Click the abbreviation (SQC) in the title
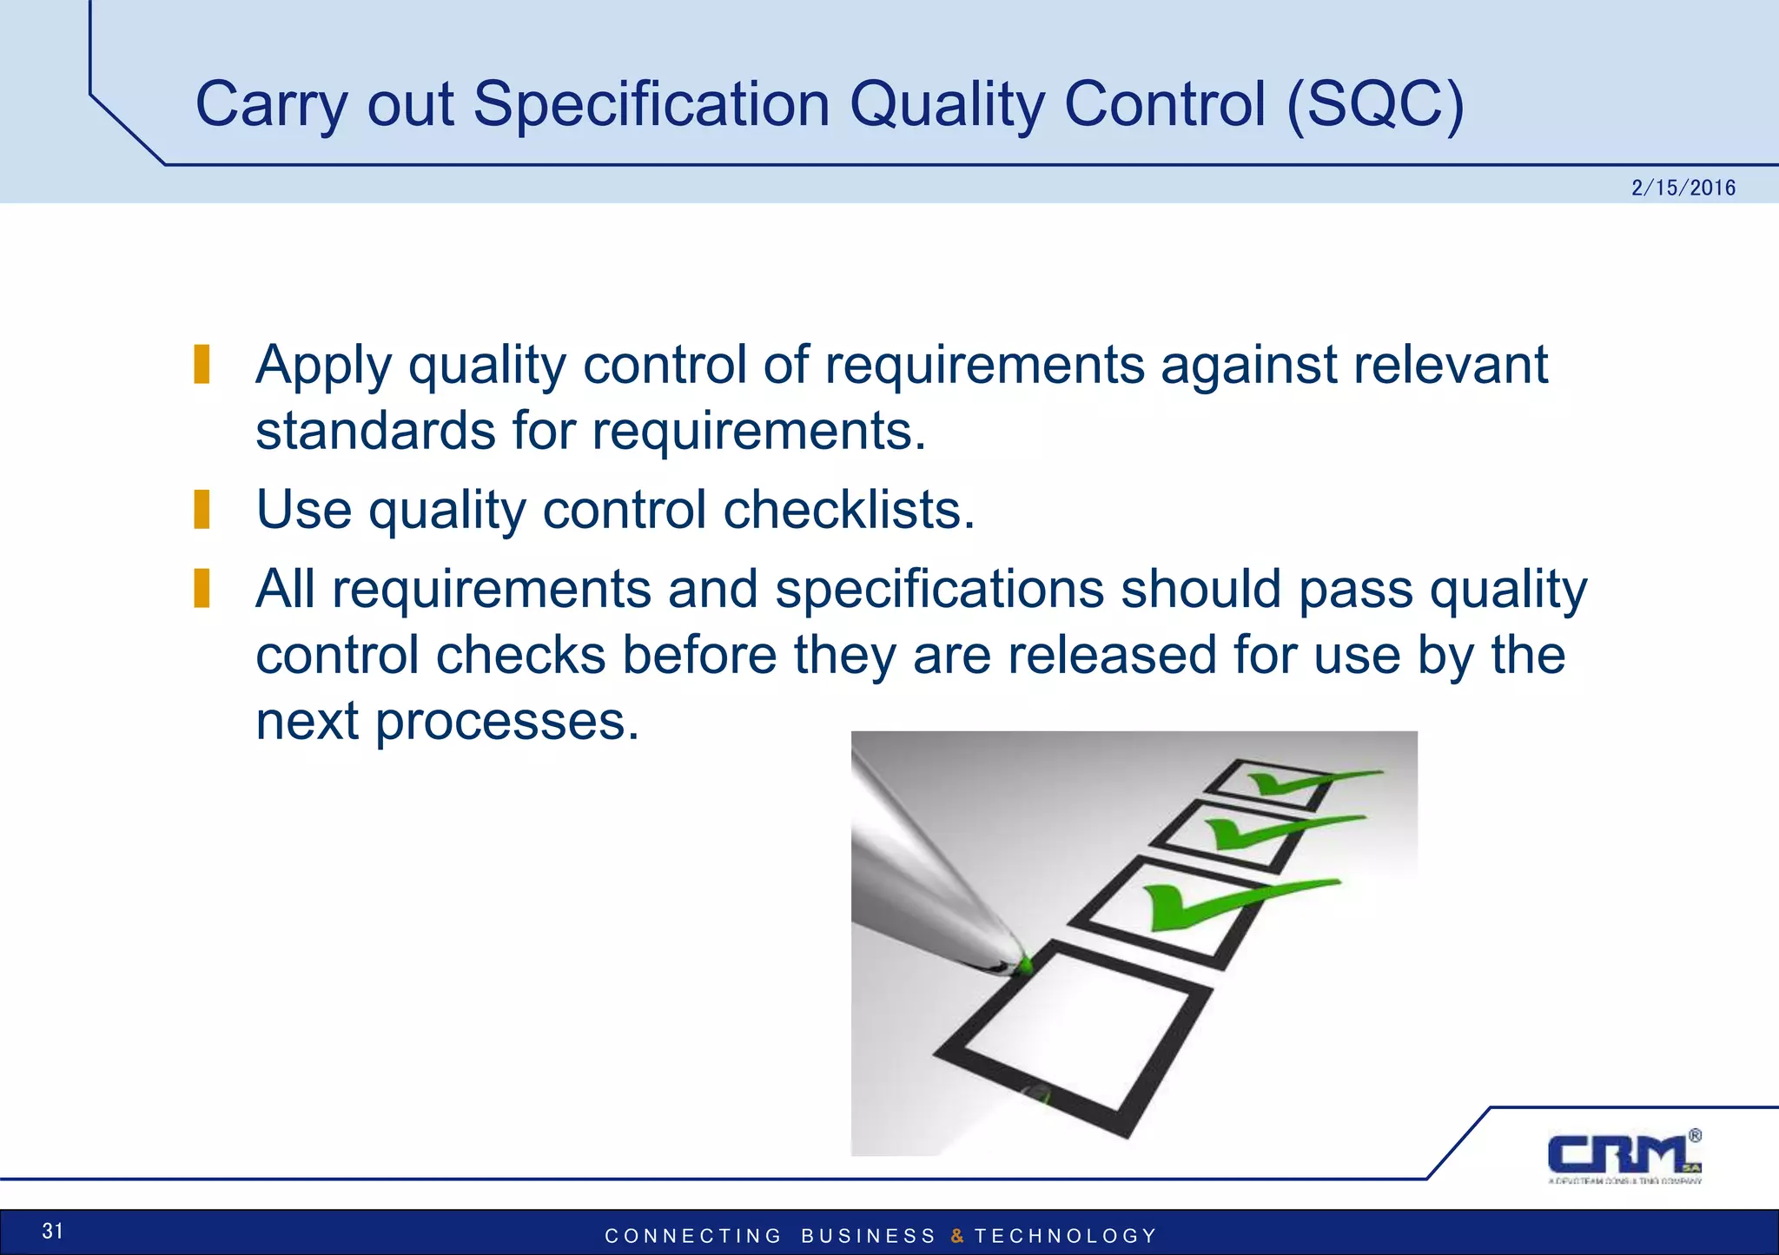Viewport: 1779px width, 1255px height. [1374, 104]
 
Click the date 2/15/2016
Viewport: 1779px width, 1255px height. [1683, 188]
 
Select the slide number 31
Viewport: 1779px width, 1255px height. [53, 1231]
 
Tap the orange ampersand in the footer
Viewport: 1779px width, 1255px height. [956, 1236]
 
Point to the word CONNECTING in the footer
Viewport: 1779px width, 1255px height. [693, 1236]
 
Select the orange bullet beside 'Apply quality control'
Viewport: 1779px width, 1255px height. [202, 364]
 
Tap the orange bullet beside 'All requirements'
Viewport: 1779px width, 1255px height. [202, 588]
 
